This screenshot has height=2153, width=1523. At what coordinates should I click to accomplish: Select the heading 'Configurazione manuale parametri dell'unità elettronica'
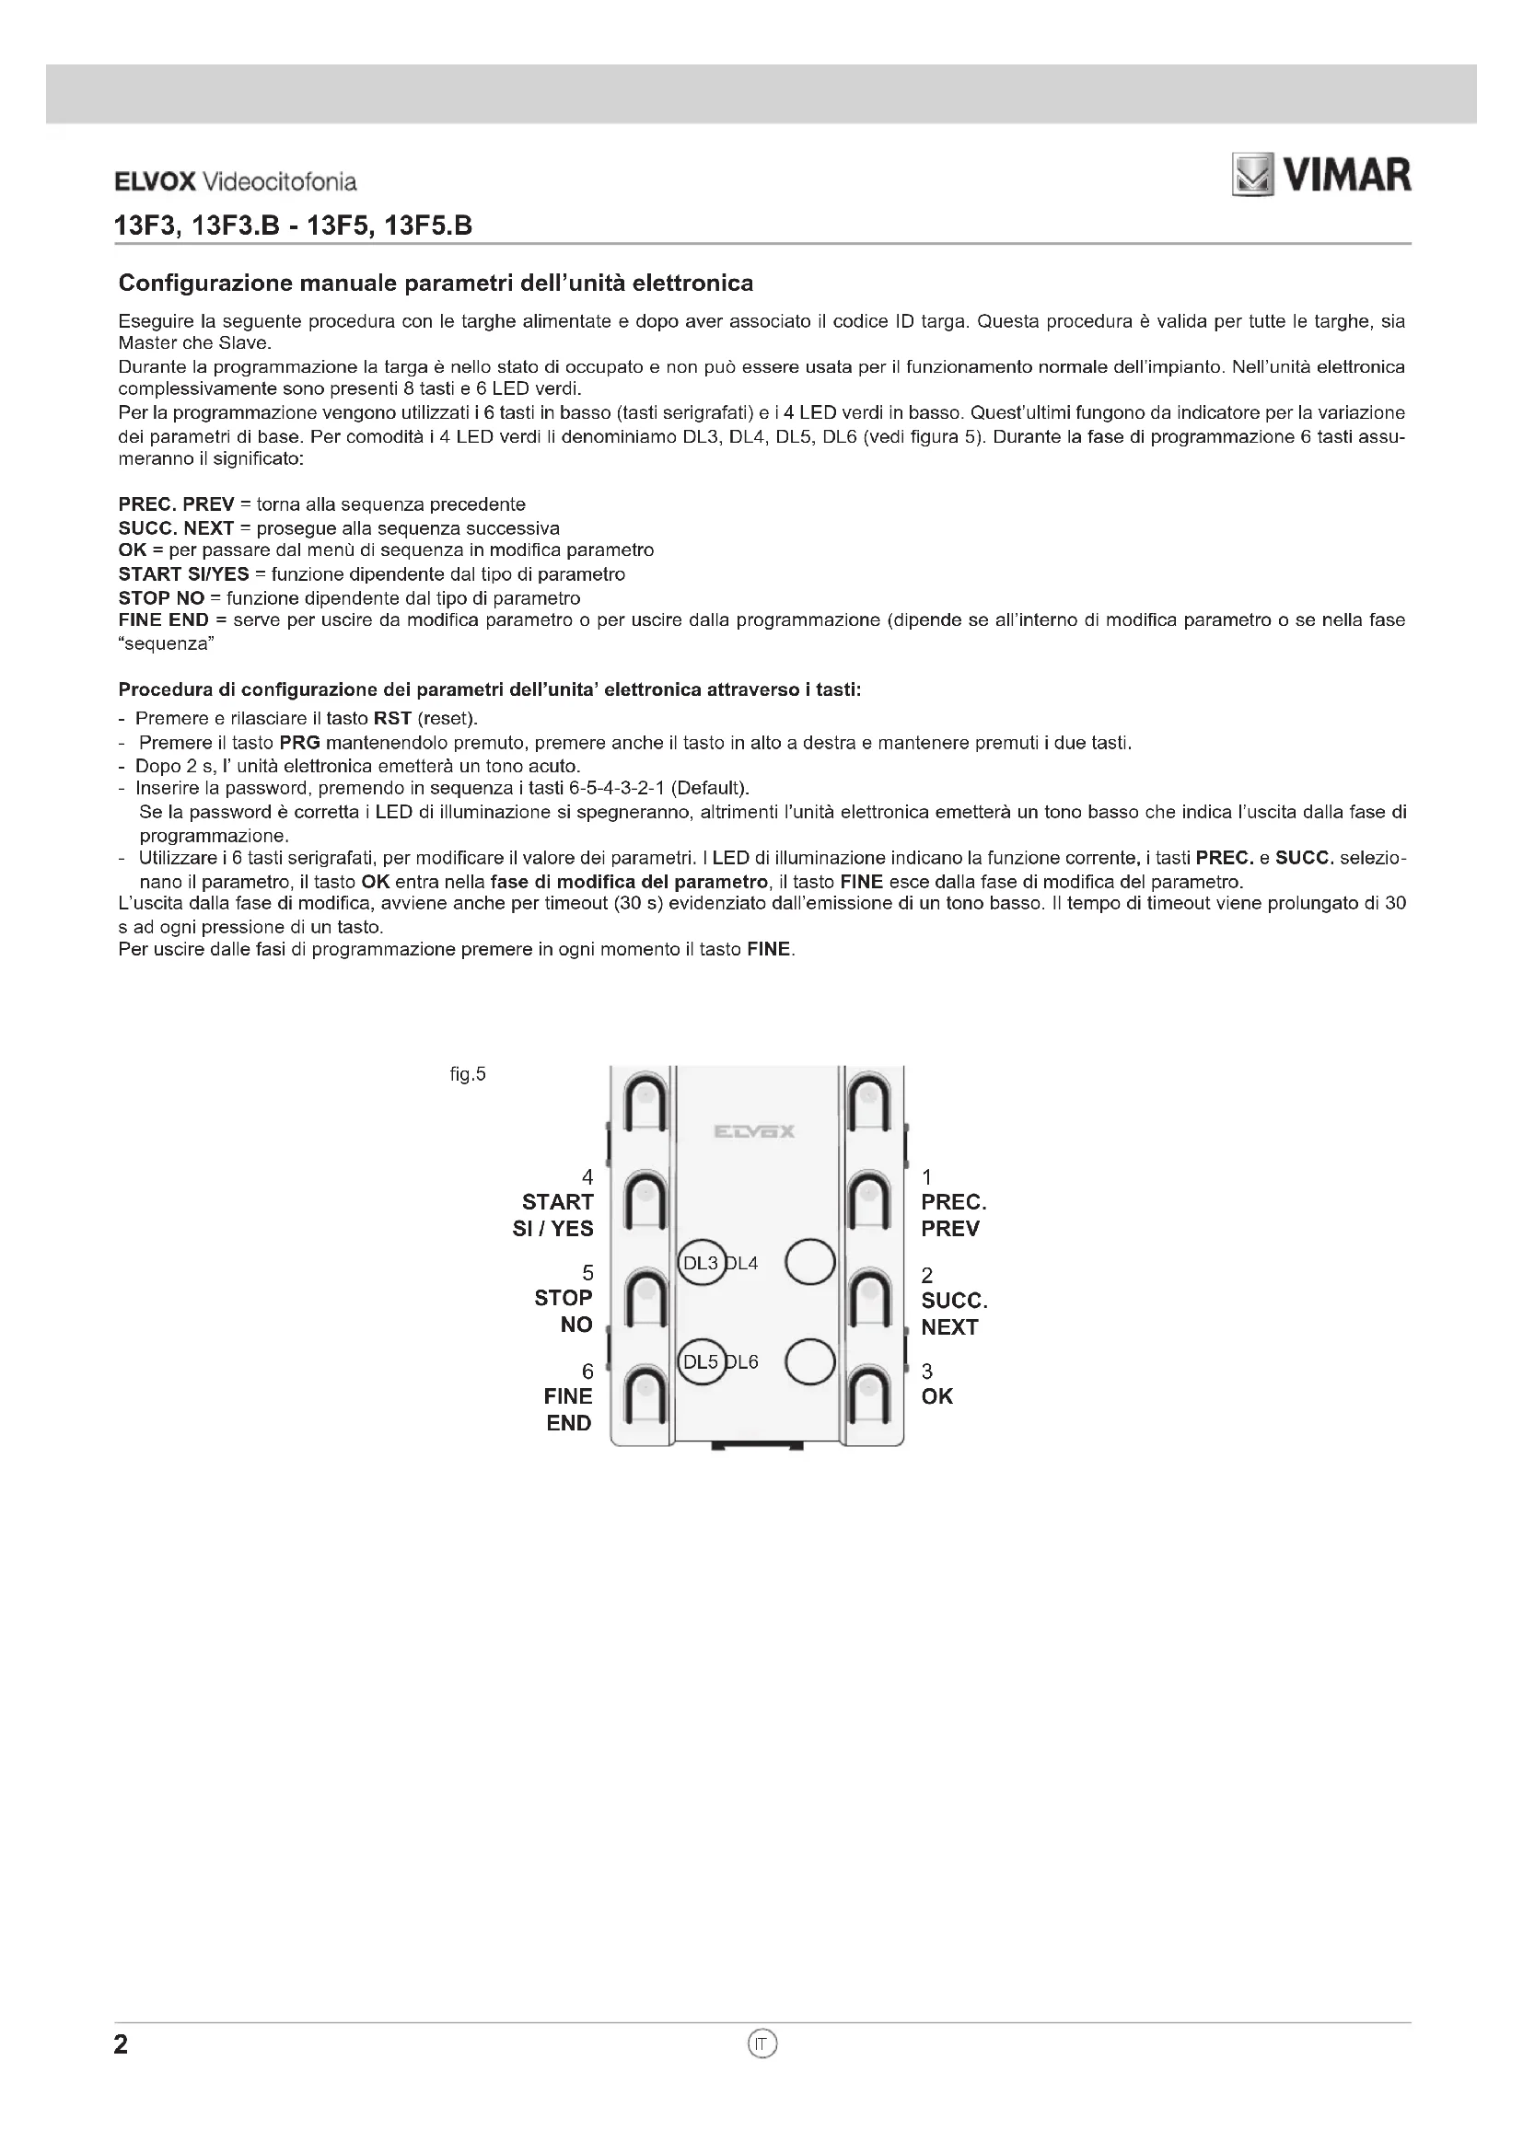[x=436, y=284]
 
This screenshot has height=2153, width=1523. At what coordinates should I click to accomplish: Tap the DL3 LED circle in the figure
[x=701, y=1263]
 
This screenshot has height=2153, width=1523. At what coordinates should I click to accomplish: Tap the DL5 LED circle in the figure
[x=701, y=1361]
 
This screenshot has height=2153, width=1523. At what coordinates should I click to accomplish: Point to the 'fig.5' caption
[x=468, y=1074]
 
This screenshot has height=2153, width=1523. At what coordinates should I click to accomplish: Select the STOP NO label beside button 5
[x=564, y=1311]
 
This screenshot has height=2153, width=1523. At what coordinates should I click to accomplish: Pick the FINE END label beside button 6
[x=568, y=1409]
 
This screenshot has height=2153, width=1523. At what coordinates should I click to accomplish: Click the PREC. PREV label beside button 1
[x=953, y=1215]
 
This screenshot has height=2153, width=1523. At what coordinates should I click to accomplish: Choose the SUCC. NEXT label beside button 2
[x=953, y=1314]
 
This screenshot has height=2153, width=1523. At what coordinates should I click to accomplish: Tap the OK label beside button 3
[x=936, y=1396]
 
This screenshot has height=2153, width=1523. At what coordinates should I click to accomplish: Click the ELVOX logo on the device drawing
[x=754, y=1132]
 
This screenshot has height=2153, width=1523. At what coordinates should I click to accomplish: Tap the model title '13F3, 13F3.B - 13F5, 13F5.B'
[x=293, y=226]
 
